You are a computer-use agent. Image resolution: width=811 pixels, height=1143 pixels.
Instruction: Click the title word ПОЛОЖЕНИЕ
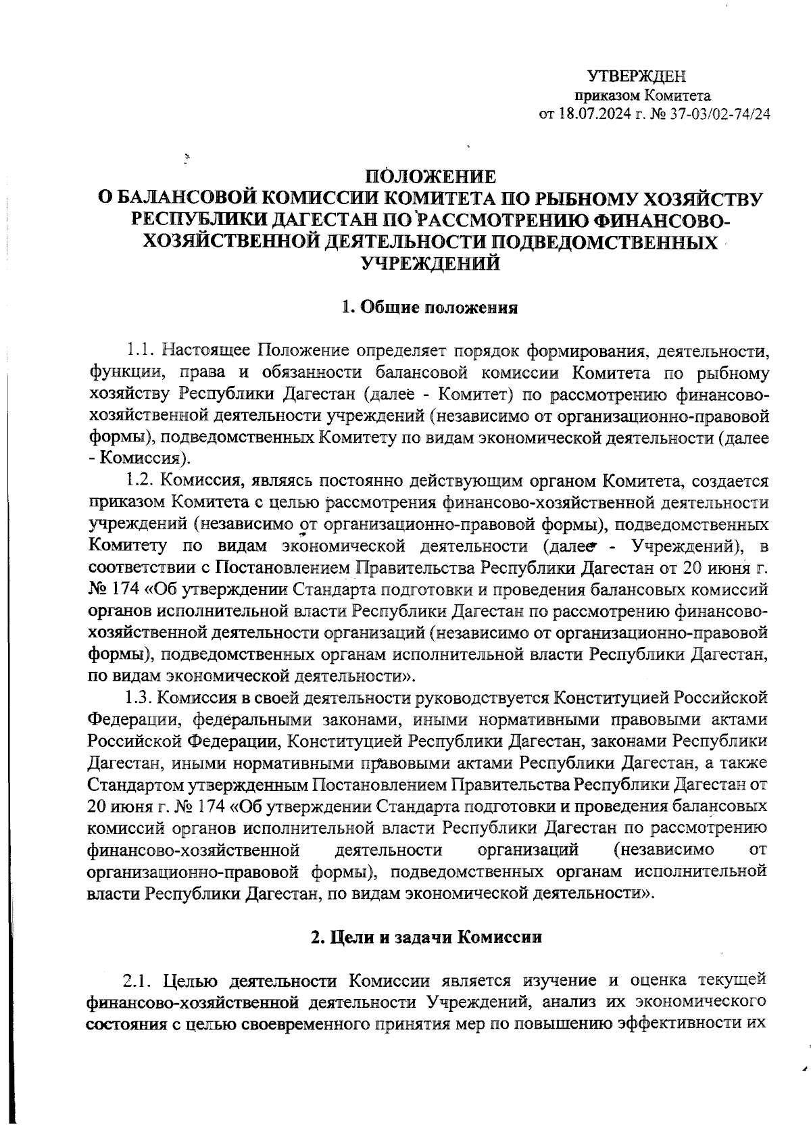(x=431, y=176)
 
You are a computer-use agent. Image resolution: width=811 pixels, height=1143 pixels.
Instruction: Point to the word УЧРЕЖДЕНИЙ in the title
(x=431, y=264)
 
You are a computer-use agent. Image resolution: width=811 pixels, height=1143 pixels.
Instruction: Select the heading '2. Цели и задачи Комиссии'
(x=426, y=938)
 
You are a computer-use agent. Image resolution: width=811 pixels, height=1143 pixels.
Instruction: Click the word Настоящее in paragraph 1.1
(x=208, y=350)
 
